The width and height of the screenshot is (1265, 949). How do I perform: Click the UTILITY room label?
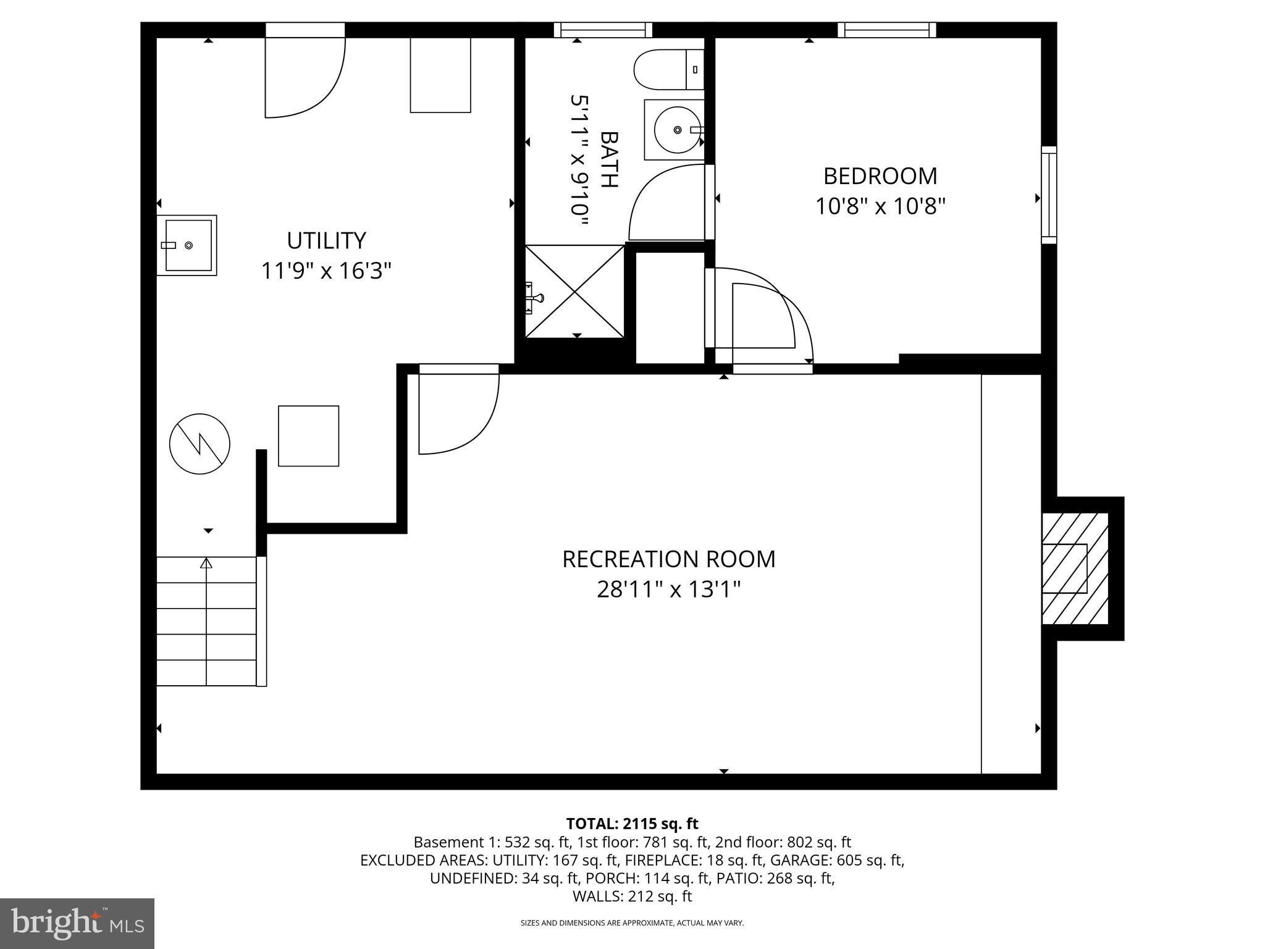point(326,240)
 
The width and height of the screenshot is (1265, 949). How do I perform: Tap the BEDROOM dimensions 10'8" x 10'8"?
point(880,206)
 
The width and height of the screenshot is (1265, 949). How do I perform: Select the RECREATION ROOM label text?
point(668,559)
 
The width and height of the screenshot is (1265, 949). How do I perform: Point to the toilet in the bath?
point(667,69)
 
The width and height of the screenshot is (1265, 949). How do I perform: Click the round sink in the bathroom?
point(677,130)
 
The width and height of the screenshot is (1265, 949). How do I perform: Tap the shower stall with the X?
point(574,291)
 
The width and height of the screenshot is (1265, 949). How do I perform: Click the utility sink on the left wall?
point(187,245)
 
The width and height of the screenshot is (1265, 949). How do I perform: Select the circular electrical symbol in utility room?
point(200,444)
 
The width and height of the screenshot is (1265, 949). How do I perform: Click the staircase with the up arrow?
point(206,620)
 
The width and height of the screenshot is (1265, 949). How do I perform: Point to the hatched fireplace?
point(1075,568)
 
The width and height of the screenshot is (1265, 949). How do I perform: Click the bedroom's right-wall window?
point(1048,195)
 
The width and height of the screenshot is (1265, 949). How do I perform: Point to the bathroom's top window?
point(603,30)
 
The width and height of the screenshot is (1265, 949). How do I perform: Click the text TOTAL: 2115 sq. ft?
point(632,824)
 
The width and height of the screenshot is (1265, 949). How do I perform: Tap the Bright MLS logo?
point(77,923)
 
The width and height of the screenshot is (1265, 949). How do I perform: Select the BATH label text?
point(609,159)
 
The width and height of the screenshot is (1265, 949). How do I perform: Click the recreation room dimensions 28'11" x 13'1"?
point(668,589)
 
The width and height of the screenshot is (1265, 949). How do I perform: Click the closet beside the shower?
point(670,307)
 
